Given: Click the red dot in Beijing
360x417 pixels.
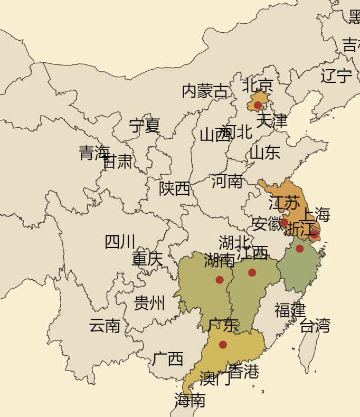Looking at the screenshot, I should [258, 105].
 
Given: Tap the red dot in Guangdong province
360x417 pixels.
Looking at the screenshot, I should [223, 345].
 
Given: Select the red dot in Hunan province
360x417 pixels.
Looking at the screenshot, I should [220, 280].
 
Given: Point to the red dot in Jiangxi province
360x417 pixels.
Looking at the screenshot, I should [252, 272].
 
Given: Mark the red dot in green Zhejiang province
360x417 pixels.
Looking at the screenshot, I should [300, 249].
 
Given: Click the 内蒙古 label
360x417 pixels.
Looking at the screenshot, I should [205, 91].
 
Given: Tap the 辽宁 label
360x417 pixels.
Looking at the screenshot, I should [336, 76].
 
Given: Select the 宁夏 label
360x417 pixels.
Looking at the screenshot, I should [145, 126].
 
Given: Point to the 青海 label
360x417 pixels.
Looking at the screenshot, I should [94, 153].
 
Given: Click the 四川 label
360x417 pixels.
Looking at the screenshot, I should [120, 242].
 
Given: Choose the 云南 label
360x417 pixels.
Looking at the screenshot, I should [105, 326].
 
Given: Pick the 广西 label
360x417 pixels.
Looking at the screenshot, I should [168, 359].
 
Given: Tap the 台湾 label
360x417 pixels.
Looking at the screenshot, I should [315, 326].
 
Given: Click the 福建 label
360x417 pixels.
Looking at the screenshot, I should [290, 310].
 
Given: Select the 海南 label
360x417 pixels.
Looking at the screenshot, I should [190, 401].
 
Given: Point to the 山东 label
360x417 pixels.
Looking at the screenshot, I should [265, 153].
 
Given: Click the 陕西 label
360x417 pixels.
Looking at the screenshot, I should [175, 188].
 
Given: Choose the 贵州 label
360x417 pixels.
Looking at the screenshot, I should [149, 303].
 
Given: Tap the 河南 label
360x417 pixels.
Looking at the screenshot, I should [227, 181].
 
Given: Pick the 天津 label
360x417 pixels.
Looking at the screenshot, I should [272, 121].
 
